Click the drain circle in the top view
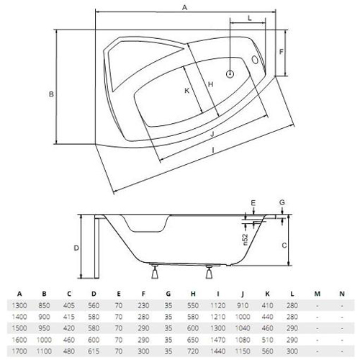pyautogui.click(x=230, y=74)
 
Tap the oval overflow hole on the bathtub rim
pyautogui.click(x=255, y=60)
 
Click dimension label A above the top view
pyautogui.click(x=184, y=8)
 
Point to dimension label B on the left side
pyautogui.click(x=51, y=94)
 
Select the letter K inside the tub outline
pyautogui.click(x=186, y=91)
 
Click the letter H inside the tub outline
pyautogui.click(x=210, y=84)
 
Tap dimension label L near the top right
pyautogui.click(x=249, y=18)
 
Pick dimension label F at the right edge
pyautogui.click(x=282, y=52)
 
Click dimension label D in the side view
pyautogui.click(x=76, y=248)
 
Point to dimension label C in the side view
pyautogui.click(x=284, y=246)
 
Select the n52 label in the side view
pyautogui.click(x=245, y=240)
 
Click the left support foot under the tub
pyautogui.click(x=155, y=272)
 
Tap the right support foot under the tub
pyautogui.click(x=210, y=272)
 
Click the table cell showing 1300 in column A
pyautogui.click(x=19, y=305)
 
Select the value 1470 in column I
pyautogui.click(x=218, y=340)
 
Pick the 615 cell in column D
pyautogui.click(x=94, y=351)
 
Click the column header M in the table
pyautogui.click(x=318, y=294)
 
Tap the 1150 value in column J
pyautogui.click(x=243, y=351)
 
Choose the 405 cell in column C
pyautogui.click(x=69, y=305)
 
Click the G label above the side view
pyautogui.click(x=282, y=202)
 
